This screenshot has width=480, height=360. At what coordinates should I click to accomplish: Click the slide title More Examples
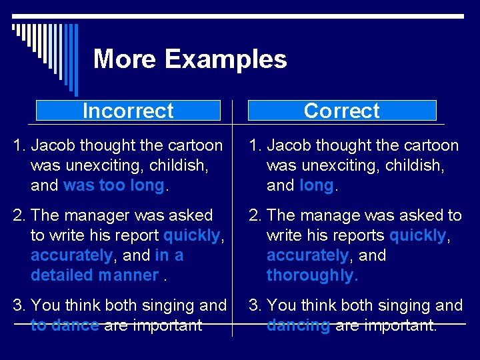(190, 59)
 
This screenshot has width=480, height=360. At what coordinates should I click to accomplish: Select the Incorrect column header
(128, 111)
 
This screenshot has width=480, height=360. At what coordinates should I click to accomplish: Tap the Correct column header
(341, 111)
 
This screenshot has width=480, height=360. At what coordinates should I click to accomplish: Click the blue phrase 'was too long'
(113, 185)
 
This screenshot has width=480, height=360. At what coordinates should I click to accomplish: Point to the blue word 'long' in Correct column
(317, 185)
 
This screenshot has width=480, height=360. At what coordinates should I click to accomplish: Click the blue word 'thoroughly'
(311, 275)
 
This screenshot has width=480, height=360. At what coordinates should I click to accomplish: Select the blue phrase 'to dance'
(65, 325)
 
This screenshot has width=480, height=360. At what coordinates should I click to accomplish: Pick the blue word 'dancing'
(298, 325)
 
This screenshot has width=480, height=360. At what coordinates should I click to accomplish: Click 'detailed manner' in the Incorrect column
(95, 275)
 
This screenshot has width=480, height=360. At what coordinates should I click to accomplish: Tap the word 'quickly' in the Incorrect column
(191, 235)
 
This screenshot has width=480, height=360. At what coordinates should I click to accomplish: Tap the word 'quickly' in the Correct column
(417, 235)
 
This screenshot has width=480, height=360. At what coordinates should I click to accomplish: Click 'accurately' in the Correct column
(307, 255)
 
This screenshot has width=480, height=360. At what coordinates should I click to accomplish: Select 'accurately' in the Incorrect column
(72, 255)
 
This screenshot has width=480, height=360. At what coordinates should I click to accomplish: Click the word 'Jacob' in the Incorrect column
(53, 145)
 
